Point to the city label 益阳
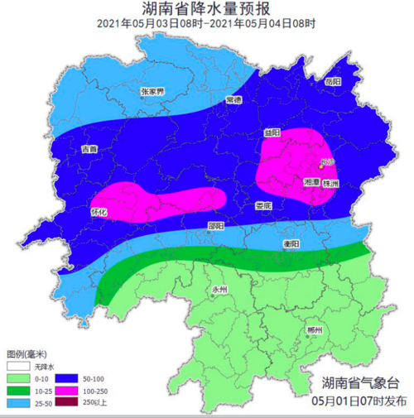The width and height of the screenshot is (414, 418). point(272,132)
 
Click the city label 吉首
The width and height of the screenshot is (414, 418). point(89,150)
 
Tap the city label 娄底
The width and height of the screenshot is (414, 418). point(262,205)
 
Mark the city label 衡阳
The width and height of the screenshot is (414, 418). point(291,243)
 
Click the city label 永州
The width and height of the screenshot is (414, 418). point(219,290)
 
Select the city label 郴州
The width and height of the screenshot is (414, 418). point(313,330)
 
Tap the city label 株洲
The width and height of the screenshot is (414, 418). point(330,183)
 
